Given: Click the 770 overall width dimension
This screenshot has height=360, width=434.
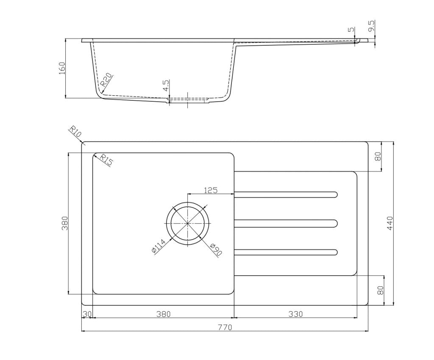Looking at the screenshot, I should (x=225, y=327).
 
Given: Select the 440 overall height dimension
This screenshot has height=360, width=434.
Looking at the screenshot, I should (x=390, y=223).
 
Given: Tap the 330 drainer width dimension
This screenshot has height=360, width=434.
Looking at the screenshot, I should (x=295, y=314).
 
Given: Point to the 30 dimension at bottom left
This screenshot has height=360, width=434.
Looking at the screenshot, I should (x=87, y=314).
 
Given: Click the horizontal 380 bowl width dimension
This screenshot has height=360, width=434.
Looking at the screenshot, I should (x=163, y=314).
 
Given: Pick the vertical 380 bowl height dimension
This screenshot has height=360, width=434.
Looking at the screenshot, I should (x=64, y=223).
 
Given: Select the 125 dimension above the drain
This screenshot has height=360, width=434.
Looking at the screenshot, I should (x=211, y=190).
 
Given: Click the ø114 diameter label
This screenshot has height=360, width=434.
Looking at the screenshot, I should (x=158, y=247).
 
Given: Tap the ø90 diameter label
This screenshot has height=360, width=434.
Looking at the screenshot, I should (x=215, y=249).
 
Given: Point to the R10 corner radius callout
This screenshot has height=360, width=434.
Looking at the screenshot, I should (x=75, y=132).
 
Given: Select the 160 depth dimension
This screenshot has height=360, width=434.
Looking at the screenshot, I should (x=61, y=68).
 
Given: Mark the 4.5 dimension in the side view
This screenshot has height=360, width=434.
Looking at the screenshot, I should (x=166, y=86).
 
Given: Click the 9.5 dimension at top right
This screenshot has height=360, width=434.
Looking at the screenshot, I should (x=371, y=26).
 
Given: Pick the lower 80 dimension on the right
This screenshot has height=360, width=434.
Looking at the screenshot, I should (x=380, y=290).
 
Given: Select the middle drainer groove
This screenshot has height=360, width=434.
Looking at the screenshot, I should (x=286, y=223).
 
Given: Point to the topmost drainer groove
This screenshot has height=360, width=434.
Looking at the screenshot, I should (x=286, y=194).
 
